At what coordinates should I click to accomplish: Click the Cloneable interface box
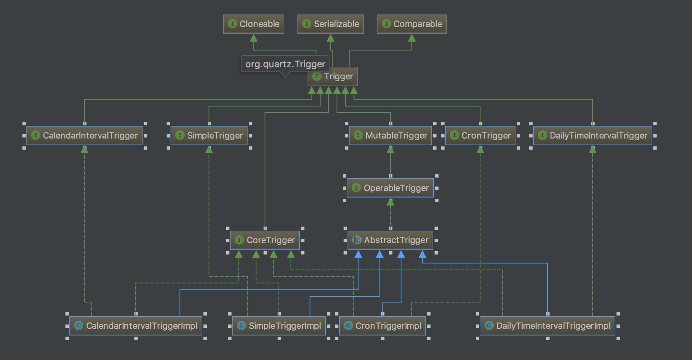[x=253, y=24]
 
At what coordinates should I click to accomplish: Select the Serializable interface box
[x=330, y=24]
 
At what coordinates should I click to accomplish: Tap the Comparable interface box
[x=412, y=24]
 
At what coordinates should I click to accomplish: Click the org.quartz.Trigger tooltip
[x=285, y=64]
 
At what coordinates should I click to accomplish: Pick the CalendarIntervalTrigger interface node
[x=84, y=135]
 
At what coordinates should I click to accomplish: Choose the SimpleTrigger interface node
[x=209, y=135]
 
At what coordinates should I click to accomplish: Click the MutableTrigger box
[x=390, y=135]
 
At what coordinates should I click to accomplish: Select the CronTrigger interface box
[x=480, y=135]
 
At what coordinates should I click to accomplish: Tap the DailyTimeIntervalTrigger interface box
[x=592, y=135]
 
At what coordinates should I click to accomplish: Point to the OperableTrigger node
[x=390, y=188]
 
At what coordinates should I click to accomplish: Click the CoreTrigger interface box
[x=265, y=240]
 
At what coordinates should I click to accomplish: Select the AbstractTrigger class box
[x=390, y=240]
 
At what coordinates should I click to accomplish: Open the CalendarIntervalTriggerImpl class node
[x=136, y=326]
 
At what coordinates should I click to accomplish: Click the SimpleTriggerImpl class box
[x=279, y=326]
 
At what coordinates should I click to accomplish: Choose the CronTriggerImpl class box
[x=383, y=326]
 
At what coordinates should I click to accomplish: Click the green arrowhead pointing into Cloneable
[x=253, y=38]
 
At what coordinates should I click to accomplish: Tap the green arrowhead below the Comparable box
[x=412, y=38]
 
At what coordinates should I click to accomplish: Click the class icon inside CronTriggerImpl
[x=348, y=326]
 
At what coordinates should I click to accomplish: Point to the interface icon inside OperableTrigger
[x=356, y=188]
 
